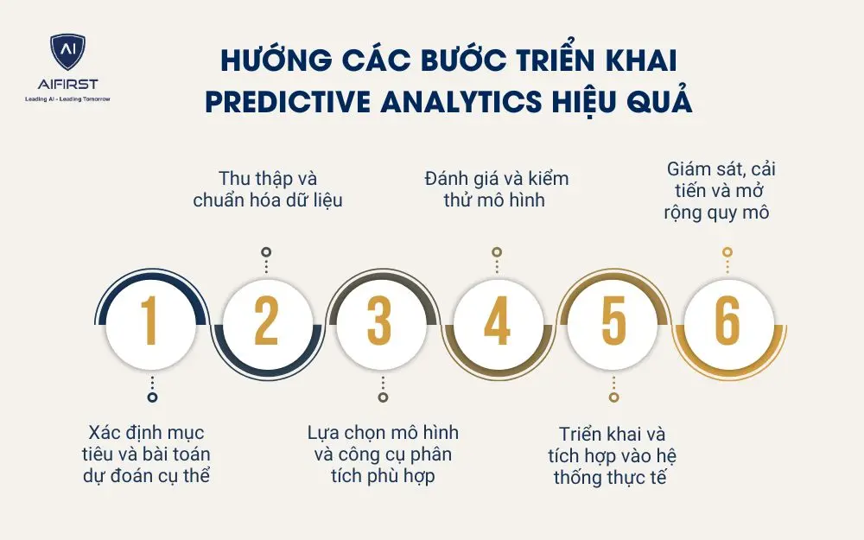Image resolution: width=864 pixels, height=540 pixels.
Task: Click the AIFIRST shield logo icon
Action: pos(67,54)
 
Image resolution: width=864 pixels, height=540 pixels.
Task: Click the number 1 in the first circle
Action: pos(151,321)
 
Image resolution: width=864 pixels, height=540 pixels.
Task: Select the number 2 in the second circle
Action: pos(266,321)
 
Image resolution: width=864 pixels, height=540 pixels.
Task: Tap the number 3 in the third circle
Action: pos(380,321)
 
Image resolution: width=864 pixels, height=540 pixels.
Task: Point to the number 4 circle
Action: pos(497,321)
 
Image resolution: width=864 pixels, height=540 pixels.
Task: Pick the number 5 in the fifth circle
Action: pos(613,321)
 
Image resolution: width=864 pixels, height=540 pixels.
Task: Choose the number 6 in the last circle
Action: pos(727,321)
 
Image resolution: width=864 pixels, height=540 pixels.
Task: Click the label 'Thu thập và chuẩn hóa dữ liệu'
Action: pos(267,190)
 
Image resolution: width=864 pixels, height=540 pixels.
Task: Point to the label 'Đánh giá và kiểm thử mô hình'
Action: pos(497,190)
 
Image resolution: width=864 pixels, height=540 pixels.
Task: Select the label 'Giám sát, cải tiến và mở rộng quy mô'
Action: pos(721,190)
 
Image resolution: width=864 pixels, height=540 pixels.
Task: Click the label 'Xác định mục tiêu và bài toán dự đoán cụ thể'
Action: pos(149,453)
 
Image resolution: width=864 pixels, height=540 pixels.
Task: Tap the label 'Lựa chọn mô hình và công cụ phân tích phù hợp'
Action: pos(383,453)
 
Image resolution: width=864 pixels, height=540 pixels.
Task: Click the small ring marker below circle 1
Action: pos(152,397)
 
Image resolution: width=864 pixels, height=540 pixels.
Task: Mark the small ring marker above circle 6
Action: pos(727,252)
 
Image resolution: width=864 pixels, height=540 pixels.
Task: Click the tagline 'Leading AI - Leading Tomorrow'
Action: pos(67,98)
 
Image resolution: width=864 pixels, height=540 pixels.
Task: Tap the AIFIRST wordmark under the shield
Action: pos(67,84)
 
